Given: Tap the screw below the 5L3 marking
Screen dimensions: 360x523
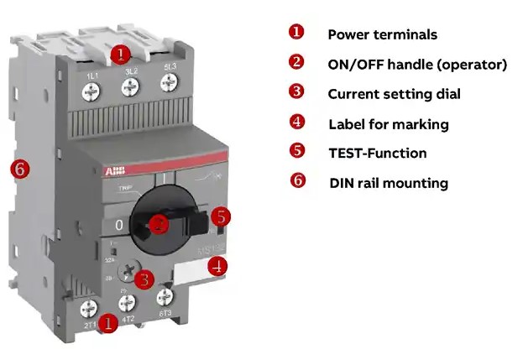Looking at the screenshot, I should point(170,84).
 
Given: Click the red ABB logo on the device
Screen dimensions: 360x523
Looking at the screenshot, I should point(112,170).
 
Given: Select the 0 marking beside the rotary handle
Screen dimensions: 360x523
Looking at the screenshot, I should point(118,224).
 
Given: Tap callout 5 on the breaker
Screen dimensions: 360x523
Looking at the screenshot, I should point(220,217).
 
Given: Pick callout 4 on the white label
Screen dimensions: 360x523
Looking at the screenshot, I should point(217,267).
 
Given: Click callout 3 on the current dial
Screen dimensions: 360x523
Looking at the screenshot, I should point(144,279).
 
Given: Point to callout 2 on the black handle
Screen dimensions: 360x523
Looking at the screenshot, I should point(160,223).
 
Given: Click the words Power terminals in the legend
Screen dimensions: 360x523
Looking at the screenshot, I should point(382,34).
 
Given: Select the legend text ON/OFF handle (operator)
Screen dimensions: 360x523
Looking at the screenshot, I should point(416,64).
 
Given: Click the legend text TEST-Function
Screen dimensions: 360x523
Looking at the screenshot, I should point(377,153).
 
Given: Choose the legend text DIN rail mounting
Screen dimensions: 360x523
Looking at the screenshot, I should point(389,182).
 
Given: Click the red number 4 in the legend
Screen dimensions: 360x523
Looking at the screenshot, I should point(296,122).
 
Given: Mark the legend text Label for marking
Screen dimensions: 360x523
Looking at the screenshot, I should point(388,124).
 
